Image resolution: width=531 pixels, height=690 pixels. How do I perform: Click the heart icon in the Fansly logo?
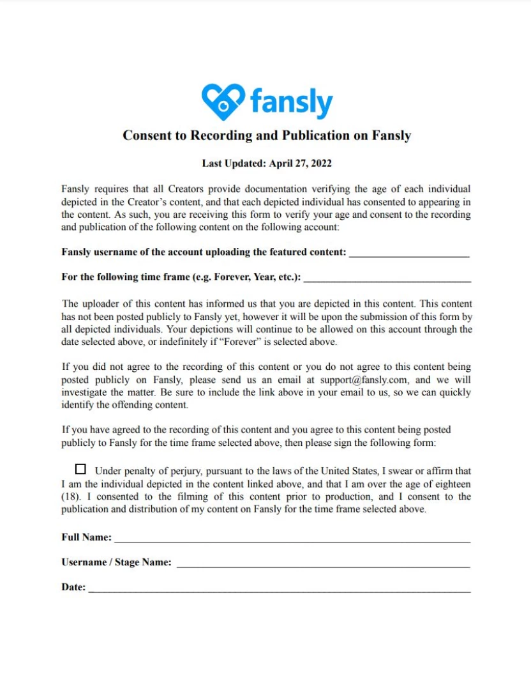tap(223, 101)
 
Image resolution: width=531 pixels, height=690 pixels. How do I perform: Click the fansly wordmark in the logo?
tap(291, 102)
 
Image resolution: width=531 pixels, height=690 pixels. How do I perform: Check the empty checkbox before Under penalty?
tap(80, 470)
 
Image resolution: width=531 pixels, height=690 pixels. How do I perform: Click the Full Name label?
tap(86, 537)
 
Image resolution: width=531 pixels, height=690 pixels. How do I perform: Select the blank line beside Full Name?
tap(292, 540)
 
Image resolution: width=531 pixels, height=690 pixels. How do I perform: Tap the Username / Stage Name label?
tap(116, 562)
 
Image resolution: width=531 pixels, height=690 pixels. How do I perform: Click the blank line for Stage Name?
tap(323, 565)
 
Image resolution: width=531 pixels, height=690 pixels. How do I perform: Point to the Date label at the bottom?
tap(73, 587)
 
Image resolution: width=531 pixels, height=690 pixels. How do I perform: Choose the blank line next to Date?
tap(280, 590)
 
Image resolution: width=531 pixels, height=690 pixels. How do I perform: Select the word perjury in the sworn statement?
tap(184, 471)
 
